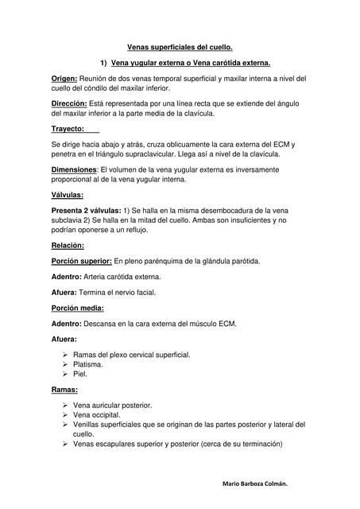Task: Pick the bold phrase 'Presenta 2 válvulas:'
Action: coord(89,210)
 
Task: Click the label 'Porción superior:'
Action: coord(82,261)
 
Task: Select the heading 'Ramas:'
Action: coord(64,390)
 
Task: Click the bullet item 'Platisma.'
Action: coord(89,364)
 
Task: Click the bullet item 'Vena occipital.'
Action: coord(97,415)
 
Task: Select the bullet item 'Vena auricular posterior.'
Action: coord(112,405)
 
